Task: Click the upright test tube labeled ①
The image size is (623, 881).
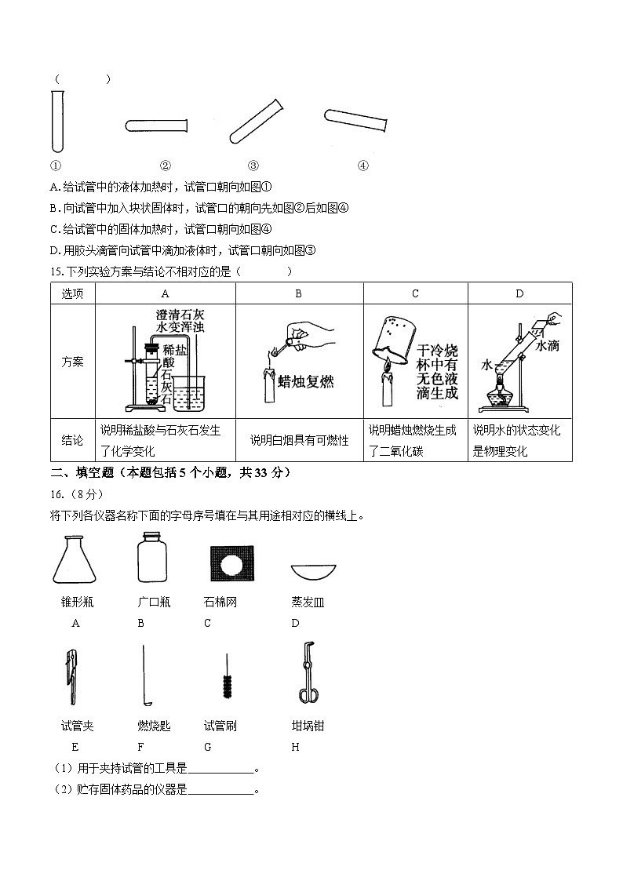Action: (x=57, y=120)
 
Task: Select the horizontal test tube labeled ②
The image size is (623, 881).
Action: (x=156, y=125)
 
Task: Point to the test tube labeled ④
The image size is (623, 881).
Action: (x=355, y=119)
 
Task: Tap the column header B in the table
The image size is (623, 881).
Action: (x=299, y=293)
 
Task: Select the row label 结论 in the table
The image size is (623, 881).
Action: (x=72, y=441)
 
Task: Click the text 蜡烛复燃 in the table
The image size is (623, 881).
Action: (x=306, y=382)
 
